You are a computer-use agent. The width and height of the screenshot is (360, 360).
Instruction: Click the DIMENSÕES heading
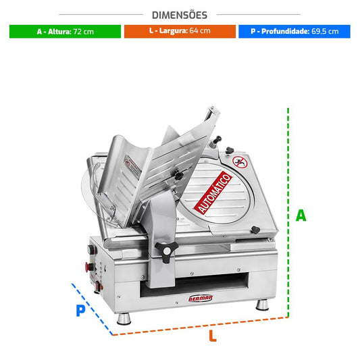(x=180, y=15)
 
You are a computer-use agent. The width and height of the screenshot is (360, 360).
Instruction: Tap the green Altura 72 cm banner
(x=65, y=32)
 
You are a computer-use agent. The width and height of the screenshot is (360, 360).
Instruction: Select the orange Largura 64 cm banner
(x=180, y=31)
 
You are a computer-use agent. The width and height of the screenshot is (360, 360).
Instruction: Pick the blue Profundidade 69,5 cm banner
(x=294, y=32)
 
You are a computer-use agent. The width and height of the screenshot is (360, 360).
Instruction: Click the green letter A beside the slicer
(x=301, y=215)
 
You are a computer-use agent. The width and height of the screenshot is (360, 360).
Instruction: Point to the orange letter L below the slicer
(x=213, y=336)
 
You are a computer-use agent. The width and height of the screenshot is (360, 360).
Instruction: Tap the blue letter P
(x=80, y=311)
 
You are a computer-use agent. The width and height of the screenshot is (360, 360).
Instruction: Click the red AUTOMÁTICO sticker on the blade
(x=213, y=192)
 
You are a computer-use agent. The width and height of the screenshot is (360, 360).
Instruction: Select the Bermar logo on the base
(x=201, y=299)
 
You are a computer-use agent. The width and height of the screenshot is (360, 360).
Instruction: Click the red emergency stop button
(x=88, y=267)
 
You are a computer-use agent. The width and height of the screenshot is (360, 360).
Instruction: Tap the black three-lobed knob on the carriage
(x=167, y=251)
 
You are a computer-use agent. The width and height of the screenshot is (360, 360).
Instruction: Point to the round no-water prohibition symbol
(x=240, y=162)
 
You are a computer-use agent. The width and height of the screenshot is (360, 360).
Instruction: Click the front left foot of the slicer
(x=124, y=319)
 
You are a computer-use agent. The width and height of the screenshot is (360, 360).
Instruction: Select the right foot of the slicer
(x=262, y=305)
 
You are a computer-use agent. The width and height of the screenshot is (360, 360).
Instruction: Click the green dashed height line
(x=288, y=212)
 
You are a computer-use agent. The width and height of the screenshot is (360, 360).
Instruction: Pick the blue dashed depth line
(x=92, y=309)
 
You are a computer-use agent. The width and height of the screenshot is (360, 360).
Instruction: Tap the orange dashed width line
(x=201, y=326)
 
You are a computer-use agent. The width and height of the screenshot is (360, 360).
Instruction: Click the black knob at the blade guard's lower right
(x=255, y=230)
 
